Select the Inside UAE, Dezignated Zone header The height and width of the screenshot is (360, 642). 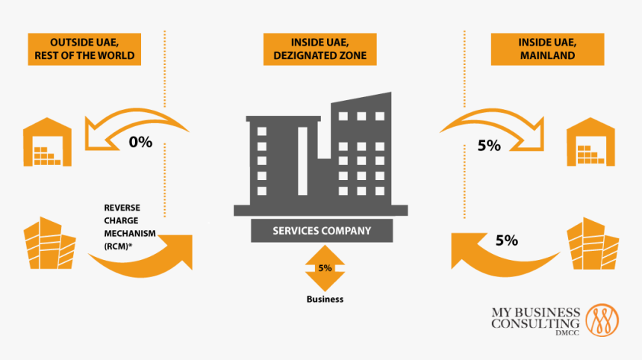coord(320,49)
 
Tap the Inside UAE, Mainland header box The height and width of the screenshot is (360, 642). coord(547,49)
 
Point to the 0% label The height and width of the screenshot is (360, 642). coord(140,141)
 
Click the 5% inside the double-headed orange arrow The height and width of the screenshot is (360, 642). coord(325,267)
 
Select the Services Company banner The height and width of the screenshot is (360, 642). coord(321,231)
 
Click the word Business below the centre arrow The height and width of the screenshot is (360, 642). coord(325,299)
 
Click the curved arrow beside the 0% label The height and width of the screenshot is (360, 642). coord(138,123)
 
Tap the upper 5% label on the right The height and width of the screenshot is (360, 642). coord(489,146)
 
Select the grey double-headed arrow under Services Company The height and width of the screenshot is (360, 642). coord(325,267)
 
